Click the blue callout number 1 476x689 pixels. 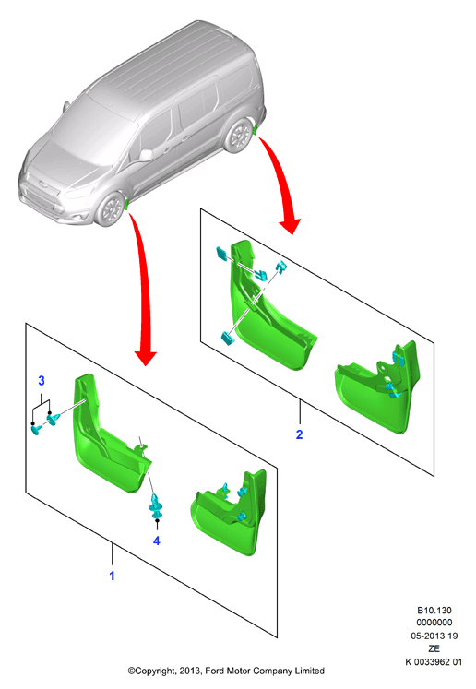(112, 576)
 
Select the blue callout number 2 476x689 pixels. (299, 434)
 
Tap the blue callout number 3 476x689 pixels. (42, 381)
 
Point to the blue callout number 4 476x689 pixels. (157, 541)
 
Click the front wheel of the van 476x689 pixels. (110, 209)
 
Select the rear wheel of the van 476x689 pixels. (239, 135)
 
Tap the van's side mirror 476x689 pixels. (147, 154)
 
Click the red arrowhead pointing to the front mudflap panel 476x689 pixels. (146, 358)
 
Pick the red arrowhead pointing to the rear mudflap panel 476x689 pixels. (290, 226)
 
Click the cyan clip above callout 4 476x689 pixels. (156, 505)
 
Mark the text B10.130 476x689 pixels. (434, 611)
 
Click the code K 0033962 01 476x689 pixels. (434, 661)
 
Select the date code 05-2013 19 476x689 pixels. (434, 636)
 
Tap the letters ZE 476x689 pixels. (434, 648)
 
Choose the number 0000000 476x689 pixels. (434, 623)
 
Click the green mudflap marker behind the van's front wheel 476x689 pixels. (126, 205)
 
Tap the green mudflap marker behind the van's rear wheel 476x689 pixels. (255, 130)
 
